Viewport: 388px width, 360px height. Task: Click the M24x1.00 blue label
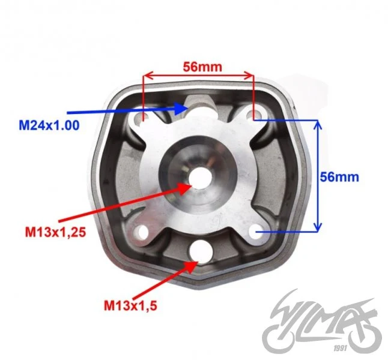point(49,125)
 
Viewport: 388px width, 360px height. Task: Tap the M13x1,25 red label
point(55,232)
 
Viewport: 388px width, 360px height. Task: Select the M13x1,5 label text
point(130,305)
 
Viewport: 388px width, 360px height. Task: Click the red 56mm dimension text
point(202,67)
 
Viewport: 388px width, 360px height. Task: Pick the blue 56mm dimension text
point(339,177)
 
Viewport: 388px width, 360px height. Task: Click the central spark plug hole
point(201,178)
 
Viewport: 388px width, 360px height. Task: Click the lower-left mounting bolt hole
point(142,232)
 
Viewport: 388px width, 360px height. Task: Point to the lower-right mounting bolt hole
point(256,230)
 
